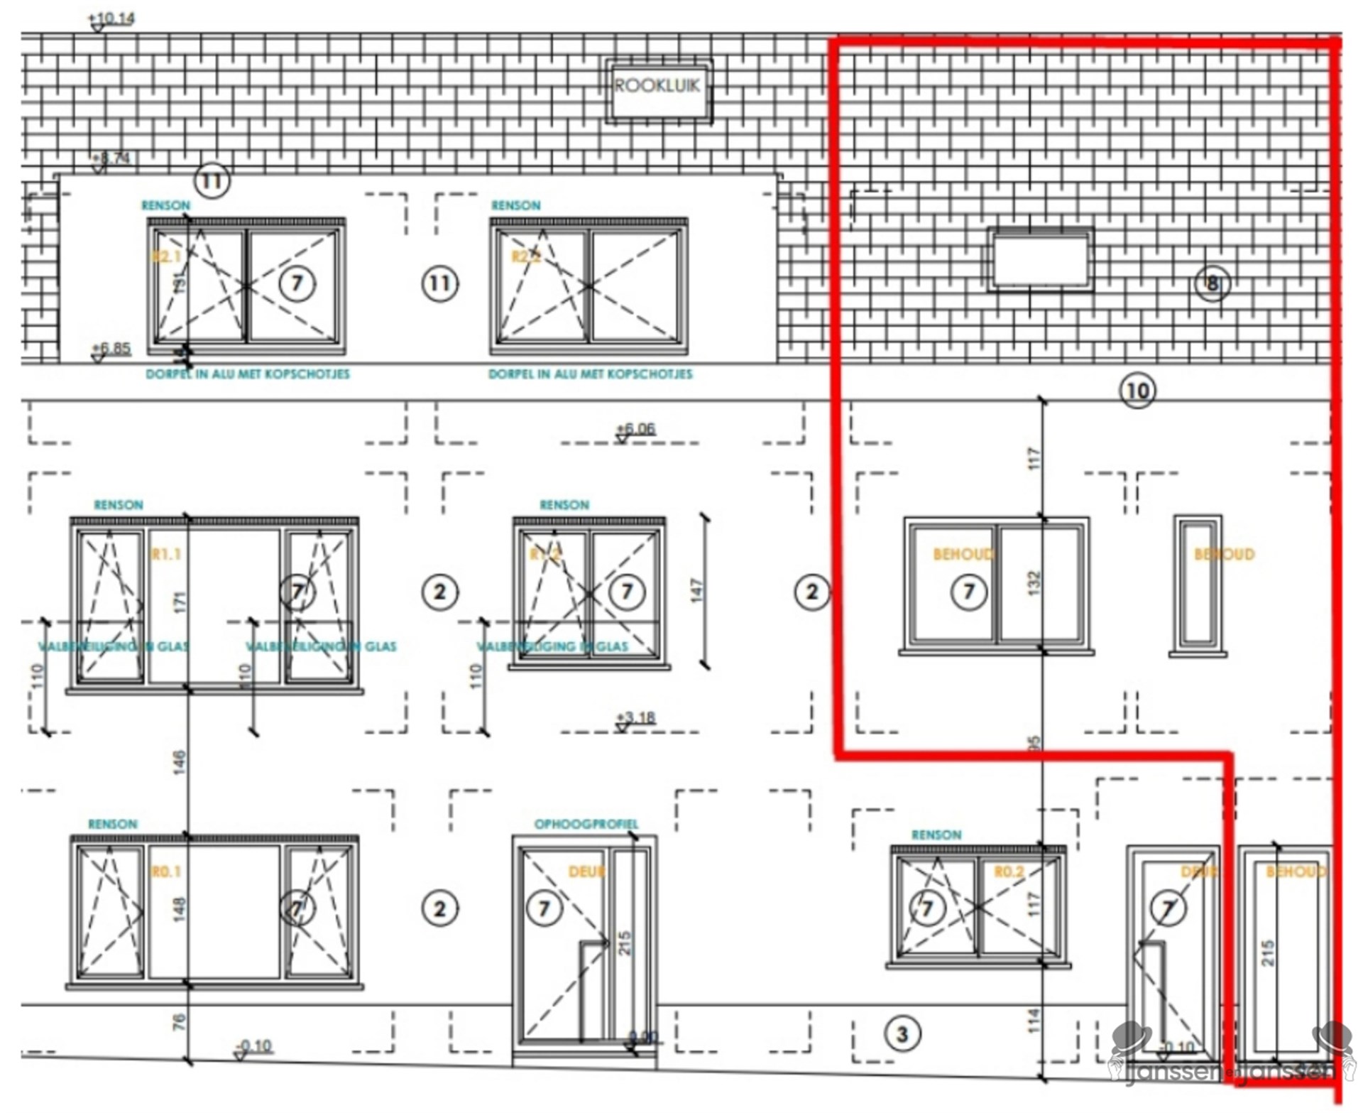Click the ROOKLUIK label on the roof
(x=657, y=86)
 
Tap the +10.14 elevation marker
(x=111, y=18)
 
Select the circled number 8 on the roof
(x=1211, y=283)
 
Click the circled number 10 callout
(x=1137, y=390)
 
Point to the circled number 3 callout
(x=902, y=1033)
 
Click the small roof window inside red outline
(x=1040, y=261)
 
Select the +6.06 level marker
(x=635, y=429)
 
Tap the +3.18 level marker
(x=636, y=718)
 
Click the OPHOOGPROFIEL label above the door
(x=586, y=824)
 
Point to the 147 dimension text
(x=696, y=591)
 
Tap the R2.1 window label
(x=166, y=256)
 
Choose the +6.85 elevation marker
(x=111, y=349)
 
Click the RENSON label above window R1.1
(x=118, y=505)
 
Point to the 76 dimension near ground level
(x=179, y=1021)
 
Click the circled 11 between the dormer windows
(x=439, y=284)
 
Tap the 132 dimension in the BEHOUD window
(x=1034, y=582)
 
